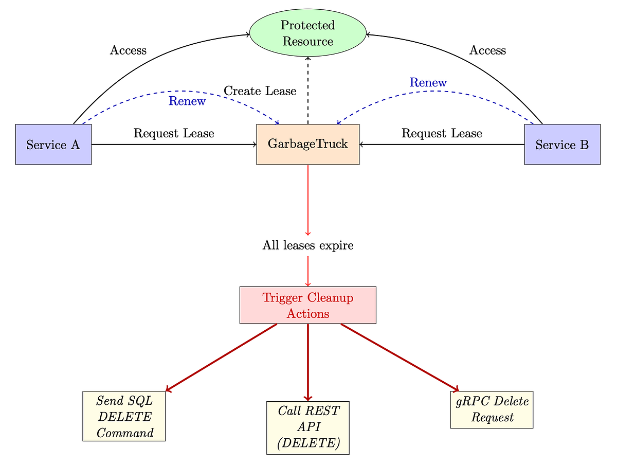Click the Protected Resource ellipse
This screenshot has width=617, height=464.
(307, 33)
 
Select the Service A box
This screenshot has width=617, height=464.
(53, 145)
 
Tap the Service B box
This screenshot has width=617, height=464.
(562, 145)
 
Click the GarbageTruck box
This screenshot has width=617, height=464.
(307, 145)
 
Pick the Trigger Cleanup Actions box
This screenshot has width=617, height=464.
(307, 305)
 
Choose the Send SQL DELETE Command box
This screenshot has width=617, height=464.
(124, 416)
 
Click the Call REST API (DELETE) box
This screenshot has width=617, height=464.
(307, 427)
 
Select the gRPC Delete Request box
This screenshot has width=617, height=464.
(492, 409)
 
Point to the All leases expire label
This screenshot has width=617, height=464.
(307, 245)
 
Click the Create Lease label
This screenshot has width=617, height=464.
(260, 91)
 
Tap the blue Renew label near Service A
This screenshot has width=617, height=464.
(187, 101)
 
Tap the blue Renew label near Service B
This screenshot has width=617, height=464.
(428, 82)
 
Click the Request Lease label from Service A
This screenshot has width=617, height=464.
(174, 133)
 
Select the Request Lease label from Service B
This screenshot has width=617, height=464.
(442, 133)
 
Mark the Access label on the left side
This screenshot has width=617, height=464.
(128, 50)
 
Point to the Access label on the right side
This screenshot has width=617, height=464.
(487, 50)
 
